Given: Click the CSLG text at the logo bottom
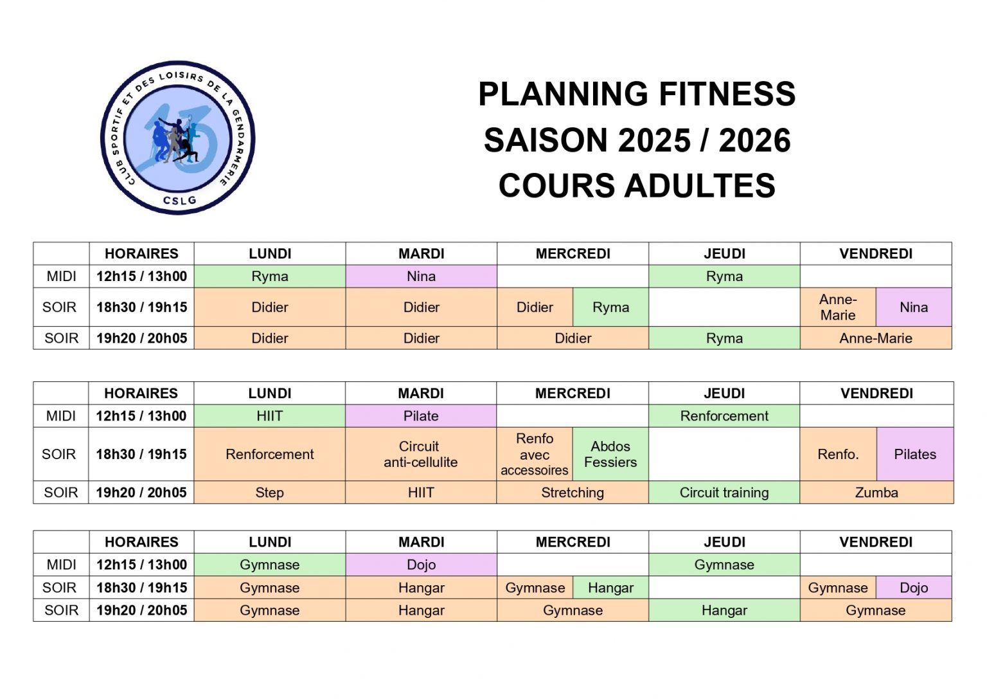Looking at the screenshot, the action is point(180,201).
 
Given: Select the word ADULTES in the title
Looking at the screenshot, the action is point(700,186).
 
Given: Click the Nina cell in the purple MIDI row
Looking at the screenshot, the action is point(422,277).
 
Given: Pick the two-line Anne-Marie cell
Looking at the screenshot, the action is point(838,307).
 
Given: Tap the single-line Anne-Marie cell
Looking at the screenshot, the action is point(876,338).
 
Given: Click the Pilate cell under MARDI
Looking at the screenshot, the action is point(421,416).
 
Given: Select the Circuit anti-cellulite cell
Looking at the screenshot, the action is point(421,454).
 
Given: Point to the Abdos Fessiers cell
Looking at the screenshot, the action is point(610,454).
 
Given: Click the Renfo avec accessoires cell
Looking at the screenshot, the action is point(535,454).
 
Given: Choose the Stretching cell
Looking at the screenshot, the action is point(573,493).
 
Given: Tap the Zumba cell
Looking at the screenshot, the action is point(876,493).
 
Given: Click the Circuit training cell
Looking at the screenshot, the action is point(724,493).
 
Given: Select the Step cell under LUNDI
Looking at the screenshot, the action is point(270,493).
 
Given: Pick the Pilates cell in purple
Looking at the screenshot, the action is point(915,454).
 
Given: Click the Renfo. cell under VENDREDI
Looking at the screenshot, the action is point(838,454).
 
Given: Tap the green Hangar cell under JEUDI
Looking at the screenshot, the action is point(724,610).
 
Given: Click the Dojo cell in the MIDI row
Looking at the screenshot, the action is point(422,565).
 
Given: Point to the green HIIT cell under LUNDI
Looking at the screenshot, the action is point(270,416).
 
